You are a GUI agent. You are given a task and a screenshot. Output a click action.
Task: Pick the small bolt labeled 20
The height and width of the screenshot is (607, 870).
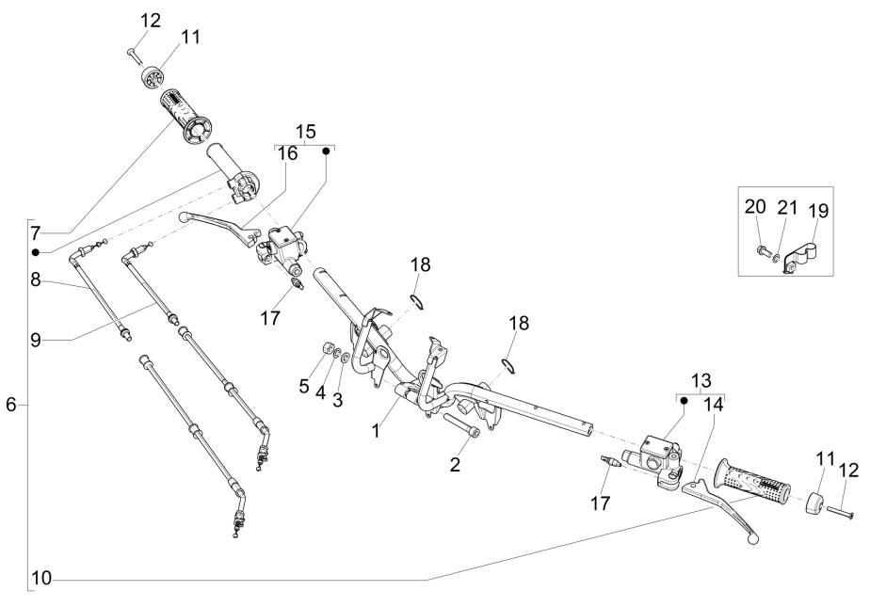tap(760, 250)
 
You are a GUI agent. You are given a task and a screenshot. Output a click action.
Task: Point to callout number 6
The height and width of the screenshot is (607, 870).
tap(11, 405)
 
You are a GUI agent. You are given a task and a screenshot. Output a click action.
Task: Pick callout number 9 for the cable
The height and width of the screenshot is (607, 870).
tap(36, 340)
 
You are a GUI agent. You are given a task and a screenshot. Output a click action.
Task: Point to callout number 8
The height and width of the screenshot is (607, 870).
tap(36, 280)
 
